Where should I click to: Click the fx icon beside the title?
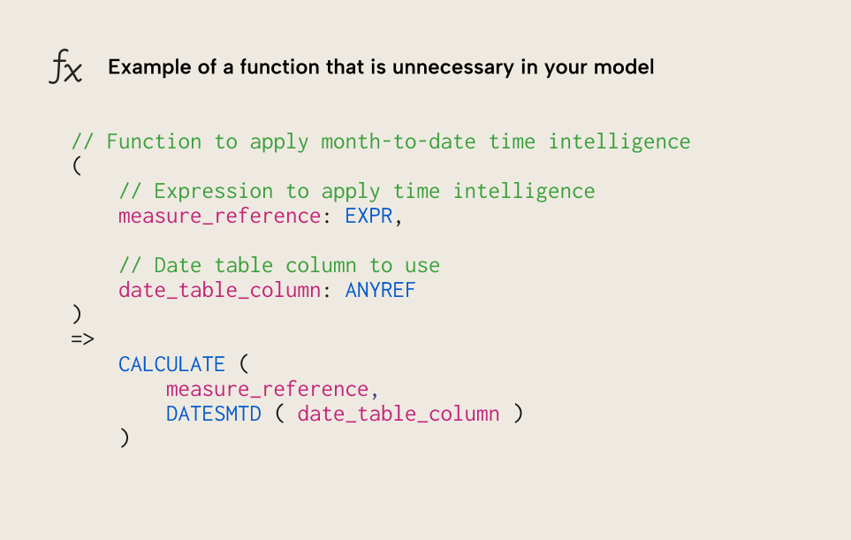point(65,68)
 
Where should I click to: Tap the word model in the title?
point(626,67)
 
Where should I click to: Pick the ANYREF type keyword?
point(380,290)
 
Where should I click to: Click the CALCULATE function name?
point(172,364)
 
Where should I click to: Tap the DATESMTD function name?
point(214,414)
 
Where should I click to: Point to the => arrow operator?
point(82,339)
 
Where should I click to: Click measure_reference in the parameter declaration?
point(219,216)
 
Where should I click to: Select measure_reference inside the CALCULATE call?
point(267,389)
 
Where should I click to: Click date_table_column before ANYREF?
point(219,290)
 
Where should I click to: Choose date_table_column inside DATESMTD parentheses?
point(398,414)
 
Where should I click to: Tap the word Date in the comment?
point(178,265)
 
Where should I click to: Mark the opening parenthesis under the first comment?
point(77,166)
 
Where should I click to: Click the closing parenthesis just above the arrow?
point(77,315)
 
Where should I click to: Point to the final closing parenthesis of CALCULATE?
point(125,438)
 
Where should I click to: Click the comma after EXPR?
point(399,217)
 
